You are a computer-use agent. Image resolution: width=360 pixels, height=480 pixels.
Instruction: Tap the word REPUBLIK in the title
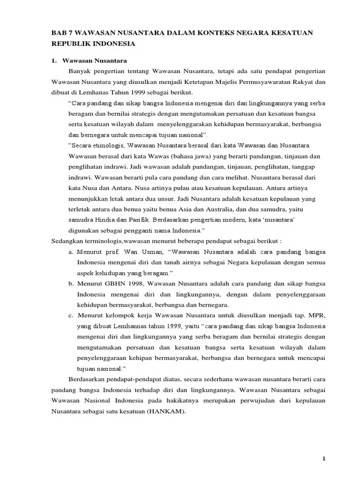pyautogui.click(x=73, y=44)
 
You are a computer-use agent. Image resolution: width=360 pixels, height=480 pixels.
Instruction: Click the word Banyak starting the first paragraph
pyautogui.click(x=81, y=71)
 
